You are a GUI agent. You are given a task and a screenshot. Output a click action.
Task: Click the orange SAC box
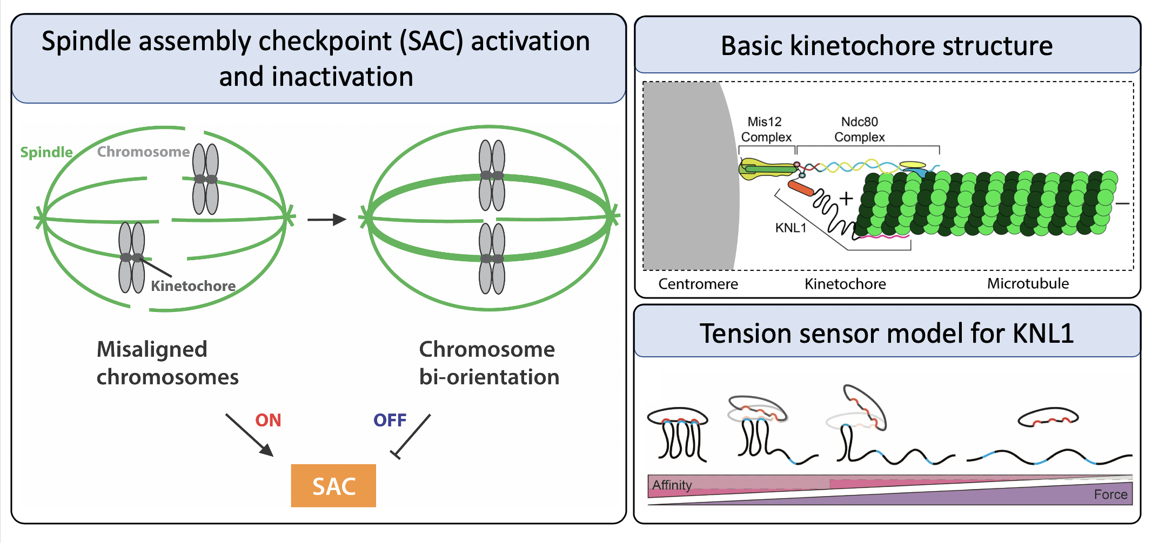point(333,485)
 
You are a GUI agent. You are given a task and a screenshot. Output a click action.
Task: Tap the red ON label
point(268,420)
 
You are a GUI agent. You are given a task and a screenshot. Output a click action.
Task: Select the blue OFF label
point(390,420)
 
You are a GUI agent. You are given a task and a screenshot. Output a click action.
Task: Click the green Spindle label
point(46,153)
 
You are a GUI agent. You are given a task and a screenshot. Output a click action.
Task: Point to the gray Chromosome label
point(143,152)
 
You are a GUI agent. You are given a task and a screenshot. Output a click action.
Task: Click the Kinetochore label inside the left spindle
point(193,286)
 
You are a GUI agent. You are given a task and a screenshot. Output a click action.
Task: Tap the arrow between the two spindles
point(327,220)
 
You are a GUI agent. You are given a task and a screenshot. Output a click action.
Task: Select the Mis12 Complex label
point(766,130)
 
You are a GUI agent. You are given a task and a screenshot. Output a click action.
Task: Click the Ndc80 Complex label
point(860,130)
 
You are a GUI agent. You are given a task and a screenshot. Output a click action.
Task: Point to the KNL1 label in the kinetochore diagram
point(791,228)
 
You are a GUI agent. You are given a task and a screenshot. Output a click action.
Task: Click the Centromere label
point(698,284)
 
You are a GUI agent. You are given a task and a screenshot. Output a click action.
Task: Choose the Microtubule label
point(1028,283)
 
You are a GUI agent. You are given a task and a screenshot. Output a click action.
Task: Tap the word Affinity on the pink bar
point(672,485)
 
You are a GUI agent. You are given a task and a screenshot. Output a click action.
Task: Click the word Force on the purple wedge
point(1110,494)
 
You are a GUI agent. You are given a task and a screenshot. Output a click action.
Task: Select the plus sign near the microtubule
point(846,199)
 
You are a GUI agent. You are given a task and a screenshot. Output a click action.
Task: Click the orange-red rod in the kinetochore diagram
point(801,188)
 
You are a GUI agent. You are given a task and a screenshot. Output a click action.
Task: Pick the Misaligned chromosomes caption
point(168,363)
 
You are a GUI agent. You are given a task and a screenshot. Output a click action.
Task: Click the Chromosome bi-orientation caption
point(489,363)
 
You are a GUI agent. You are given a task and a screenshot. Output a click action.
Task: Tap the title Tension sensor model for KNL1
point(887,333)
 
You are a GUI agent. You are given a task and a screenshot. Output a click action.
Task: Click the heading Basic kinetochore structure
point(887,45)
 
